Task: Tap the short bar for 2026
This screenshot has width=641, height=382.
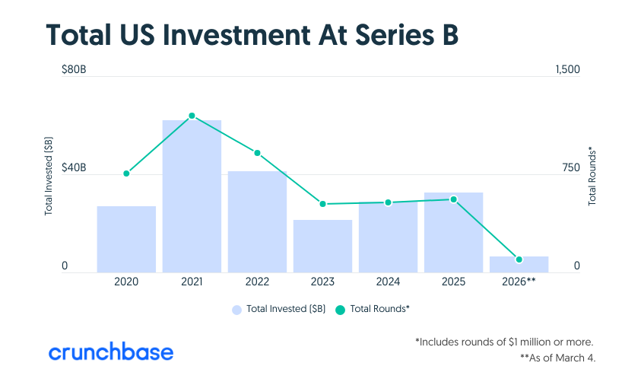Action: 519,264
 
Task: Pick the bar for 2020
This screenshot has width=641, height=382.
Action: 126,239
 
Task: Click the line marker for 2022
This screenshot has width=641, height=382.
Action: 257,153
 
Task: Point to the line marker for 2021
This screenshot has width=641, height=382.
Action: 192,116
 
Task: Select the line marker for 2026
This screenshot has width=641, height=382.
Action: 519,259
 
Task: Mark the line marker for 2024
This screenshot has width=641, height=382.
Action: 388,202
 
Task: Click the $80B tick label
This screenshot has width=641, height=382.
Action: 74,70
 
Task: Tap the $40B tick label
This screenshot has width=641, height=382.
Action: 74,168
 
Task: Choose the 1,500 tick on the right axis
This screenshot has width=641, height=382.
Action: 567,70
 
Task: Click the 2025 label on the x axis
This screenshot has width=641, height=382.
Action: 453,282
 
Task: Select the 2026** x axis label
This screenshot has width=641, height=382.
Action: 519,282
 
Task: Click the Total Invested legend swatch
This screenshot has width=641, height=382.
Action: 236,309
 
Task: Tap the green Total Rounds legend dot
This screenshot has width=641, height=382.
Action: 340,309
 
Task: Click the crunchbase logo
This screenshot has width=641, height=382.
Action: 111,352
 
